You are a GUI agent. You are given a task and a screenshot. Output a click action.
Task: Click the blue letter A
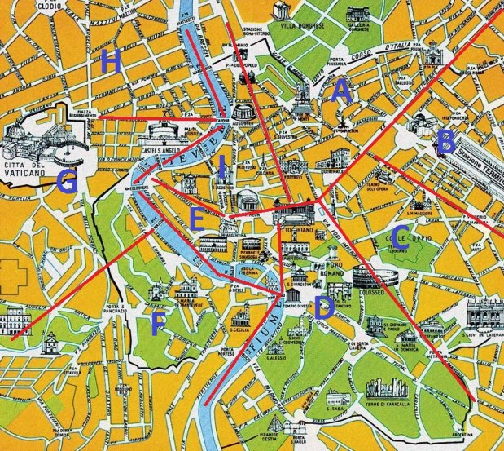[343, 91]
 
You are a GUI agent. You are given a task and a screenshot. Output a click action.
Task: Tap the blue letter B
[445, 143]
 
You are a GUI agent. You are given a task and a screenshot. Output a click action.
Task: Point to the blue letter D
[322, 308]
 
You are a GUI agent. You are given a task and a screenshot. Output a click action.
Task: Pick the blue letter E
[196, 217]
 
